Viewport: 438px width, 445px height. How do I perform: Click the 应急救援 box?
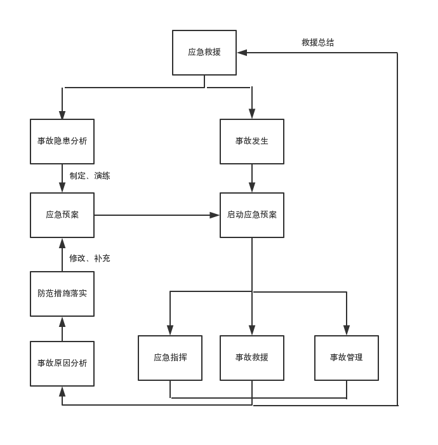click(x=204, y=53)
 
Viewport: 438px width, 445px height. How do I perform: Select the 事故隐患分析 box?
click(x=62, y=142)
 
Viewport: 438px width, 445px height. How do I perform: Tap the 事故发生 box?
click(x=252, y=142)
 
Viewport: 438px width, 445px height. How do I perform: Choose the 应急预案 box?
click(x=62, y=215)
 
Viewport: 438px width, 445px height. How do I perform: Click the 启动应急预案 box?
click(x=252, y=215)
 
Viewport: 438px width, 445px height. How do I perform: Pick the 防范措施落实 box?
click(x=62, y=294)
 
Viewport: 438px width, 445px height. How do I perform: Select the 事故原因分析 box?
click(x=62, y=364)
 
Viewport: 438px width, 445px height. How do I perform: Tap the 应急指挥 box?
click(x=170, y=358)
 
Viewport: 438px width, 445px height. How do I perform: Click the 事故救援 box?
click(x=252, y=358)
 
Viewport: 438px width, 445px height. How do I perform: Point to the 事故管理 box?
click(x=347, y=358)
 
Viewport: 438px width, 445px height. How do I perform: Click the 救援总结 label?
click(x=317, y=43)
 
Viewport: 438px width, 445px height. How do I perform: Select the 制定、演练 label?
click(x=90, y=176)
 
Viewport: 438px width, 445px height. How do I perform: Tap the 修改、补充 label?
click(x=90, y=258)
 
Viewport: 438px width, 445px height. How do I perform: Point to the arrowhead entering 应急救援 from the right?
click(x=242, y=53)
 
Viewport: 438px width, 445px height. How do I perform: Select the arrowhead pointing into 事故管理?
click(x=347, y=330)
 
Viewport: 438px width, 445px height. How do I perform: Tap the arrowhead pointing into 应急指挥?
click(x=170, y=330)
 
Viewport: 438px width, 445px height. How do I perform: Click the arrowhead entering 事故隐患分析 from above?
click(x=62, y=115)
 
